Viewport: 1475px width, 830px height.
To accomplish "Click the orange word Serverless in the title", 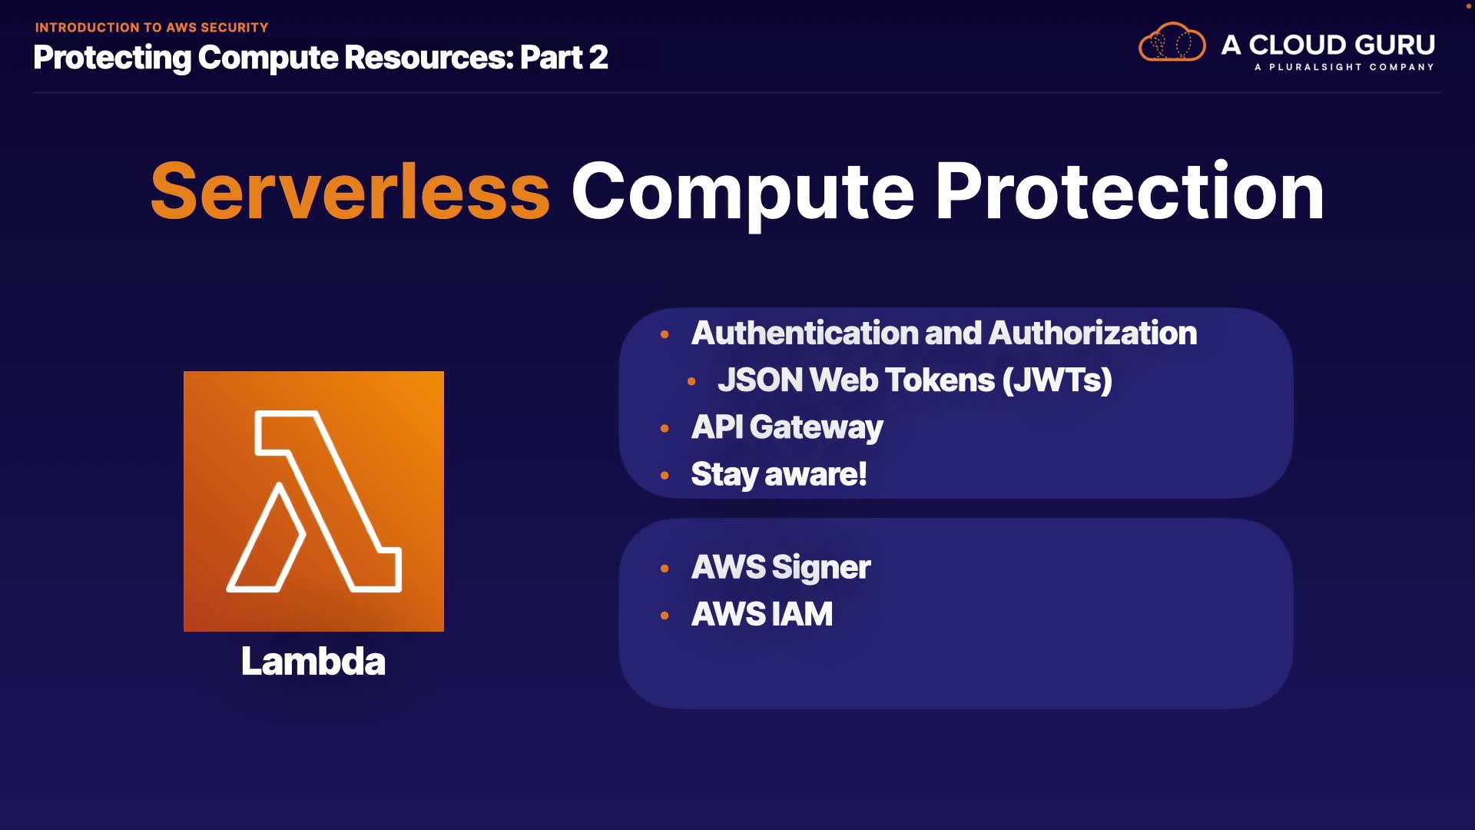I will [x=350, y=191].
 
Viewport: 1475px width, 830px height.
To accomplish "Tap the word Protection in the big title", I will [x=1129, y=191].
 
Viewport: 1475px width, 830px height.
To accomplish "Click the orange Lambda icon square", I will [x=313, y=501].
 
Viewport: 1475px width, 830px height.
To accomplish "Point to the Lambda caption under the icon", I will [x=313, y=661].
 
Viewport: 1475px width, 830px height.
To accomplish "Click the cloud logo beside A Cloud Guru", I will [x=1172, y=43].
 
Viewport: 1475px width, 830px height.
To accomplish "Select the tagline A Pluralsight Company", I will [x=1344, y=67].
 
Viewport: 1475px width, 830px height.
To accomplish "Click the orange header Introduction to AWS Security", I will [x=151, y=28].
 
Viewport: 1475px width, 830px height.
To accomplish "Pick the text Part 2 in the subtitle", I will [x=564, y=58].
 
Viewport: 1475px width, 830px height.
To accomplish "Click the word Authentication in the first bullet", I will [x=805, y=333].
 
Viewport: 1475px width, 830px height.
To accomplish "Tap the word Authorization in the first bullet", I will [x=1092, y=333].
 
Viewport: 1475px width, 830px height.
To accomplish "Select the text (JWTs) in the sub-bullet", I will [x=1057, y=380].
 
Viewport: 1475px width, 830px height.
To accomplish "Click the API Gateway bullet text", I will [x=787, y=427].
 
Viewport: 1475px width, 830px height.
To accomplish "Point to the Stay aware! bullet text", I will [x=778, y=474].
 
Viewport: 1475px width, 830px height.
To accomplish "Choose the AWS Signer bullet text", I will [x=781, y=568].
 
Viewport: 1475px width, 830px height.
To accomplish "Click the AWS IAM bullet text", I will [x=761, y=614].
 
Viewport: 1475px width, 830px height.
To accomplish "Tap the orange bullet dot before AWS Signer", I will [x=665, y=569].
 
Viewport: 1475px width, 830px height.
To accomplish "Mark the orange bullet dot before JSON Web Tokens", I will [x=691, y=381].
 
